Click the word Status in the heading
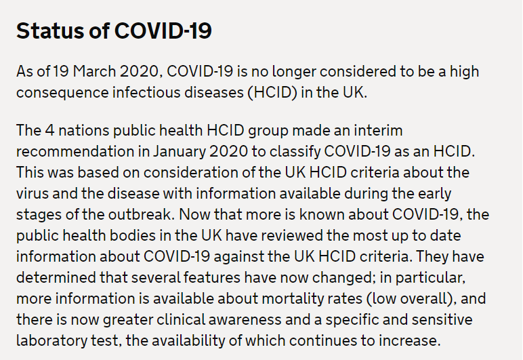(50, 31)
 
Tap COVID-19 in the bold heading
(163, 31)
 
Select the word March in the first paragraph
(94, 71)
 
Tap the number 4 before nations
(49, 130)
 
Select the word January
(180, 152)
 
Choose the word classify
(295, 152)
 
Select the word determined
(56, 277)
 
